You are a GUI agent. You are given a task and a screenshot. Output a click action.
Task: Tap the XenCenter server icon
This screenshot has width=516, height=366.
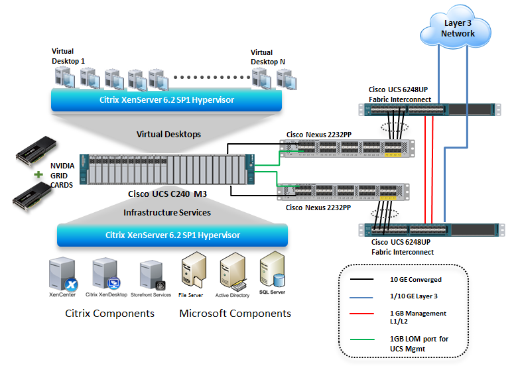pyautogui.click(x=61, y=274)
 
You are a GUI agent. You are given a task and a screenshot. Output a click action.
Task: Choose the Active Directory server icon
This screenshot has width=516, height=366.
pyautogui.click(x=232, y=271)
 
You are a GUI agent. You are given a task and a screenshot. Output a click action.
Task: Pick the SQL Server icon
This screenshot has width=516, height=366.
pyautogui.click(x=273, y=269)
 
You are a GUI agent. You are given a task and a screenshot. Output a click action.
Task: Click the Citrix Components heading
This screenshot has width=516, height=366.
pyautogui.click(x=109, y=313)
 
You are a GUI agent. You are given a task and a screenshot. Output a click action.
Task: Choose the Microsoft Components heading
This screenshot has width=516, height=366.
pyautogui.click(x=235, y=313)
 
